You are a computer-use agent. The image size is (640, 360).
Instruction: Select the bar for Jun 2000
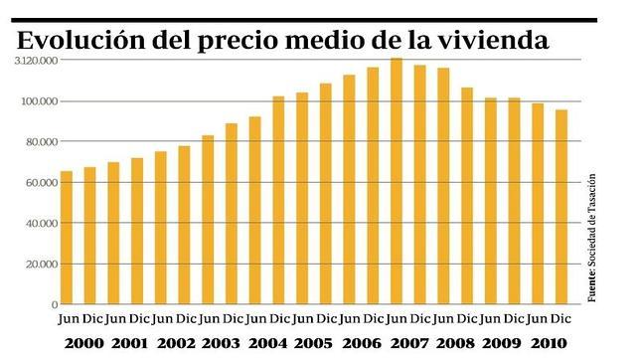pos(67,238)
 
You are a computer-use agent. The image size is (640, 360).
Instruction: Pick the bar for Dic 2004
pos(278,200)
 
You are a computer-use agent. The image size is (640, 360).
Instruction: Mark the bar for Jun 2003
pos(208,220)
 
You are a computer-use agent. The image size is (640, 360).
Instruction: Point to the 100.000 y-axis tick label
pos(37,101)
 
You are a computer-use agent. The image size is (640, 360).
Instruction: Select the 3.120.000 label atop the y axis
pos(35,61)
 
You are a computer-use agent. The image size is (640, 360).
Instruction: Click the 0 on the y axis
pos(54,304)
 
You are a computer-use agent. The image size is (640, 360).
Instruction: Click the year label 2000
pos(78,343)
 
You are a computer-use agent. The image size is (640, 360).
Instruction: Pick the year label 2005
pos(313,343)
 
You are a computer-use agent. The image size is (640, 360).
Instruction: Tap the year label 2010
pos(548,343)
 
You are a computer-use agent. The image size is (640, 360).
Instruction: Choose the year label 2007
pos(407,343)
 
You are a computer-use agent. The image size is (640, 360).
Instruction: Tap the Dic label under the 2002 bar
pos(185,318)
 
